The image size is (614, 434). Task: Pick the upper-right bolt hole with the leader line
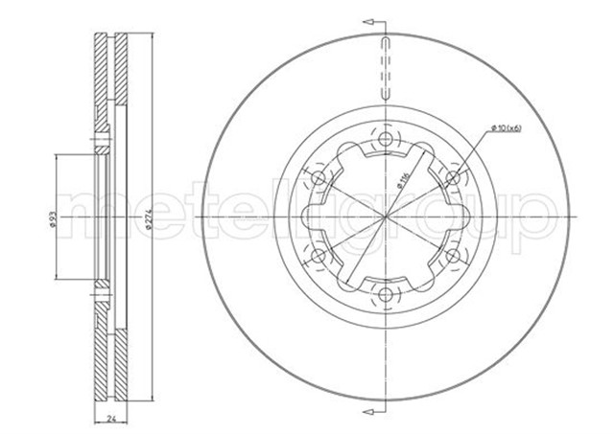click(x=452, y=178)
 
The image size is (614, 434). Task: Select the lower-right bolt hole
click(x=452, y=256)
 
